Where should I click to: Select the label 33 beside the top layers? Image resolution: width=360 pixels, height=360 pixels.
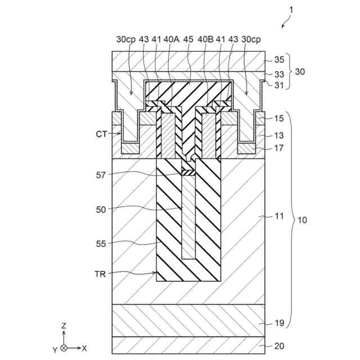278,74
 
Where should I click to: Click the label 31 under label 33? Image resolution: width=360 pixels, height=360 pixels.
278,85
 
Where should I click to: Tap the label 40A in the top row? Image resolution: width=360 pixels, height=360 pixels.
171,40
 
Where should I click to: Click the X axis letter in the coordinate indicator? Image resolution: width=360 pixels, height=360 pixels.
84,349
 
